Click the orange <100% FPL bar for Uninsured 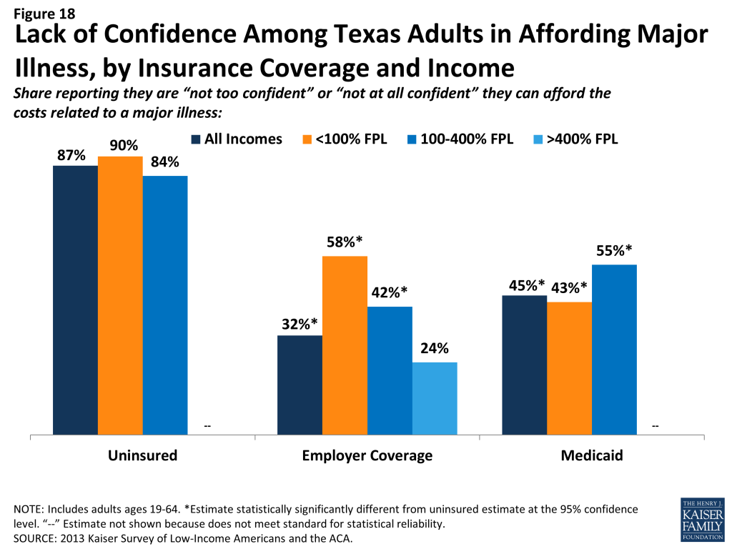tap(120, 295)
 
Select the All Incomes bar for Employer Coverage tap(300, 385)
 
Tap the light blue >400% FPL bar tap(435, 399)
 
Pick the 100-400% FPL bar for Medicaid tap(614, 350)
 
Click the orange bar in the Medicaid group tap(570, 368)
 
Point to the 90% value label tap(124, 146)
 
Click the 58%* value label tap(345, 242)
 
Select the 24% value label tap(435, 348)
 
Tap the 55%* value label tap(614, 251)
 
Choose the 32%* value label tap(300, 324)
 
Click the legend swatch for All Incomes tap(196, 139)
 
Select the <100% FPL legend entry tap(345, 139)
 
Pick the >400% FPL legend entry tap(575, 139)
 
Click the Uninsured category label tap(143, 455)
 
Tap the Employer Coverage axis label tap(367, 455)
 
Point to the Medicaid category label tap(592, 455)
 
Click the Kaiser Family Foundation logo tap(703, 519)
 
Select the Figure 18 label tap(44, 14)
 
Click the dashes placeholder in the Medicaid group tap(656, 426)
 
